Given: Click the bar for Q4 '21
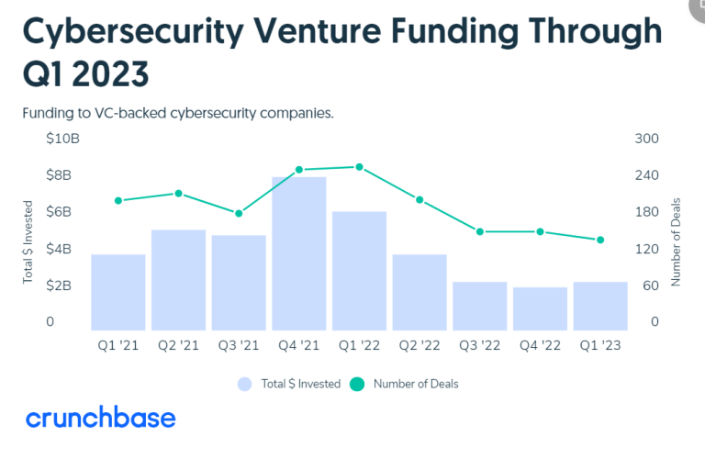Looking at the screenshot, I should (299, 253).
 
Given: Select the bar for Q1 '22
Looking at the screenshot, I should (359, 271).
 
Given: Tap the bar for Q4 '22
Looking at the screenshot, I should (540, 308).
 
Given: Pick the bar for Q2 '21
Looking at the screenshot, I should (178, 279).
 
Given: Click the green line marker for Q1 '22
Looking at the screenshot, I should (359, 167).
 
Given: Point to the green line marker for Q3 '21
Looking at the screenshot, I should (239, 213).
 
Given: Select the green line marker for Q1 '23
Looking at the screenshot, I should (600, 240).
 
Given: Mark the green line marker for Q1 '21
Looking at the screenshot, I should (118, 200).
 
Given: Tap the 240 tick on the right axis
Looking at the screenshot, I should (648, 175).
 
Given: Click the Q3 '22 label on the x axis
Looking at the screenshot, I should (479, 345).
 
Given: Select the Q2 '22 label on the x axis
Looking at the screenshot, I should (419, 345).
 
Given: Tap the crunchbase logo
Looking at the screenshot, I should (101, 419).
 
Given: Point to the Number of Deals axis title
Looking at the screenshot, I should (676, 241).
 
